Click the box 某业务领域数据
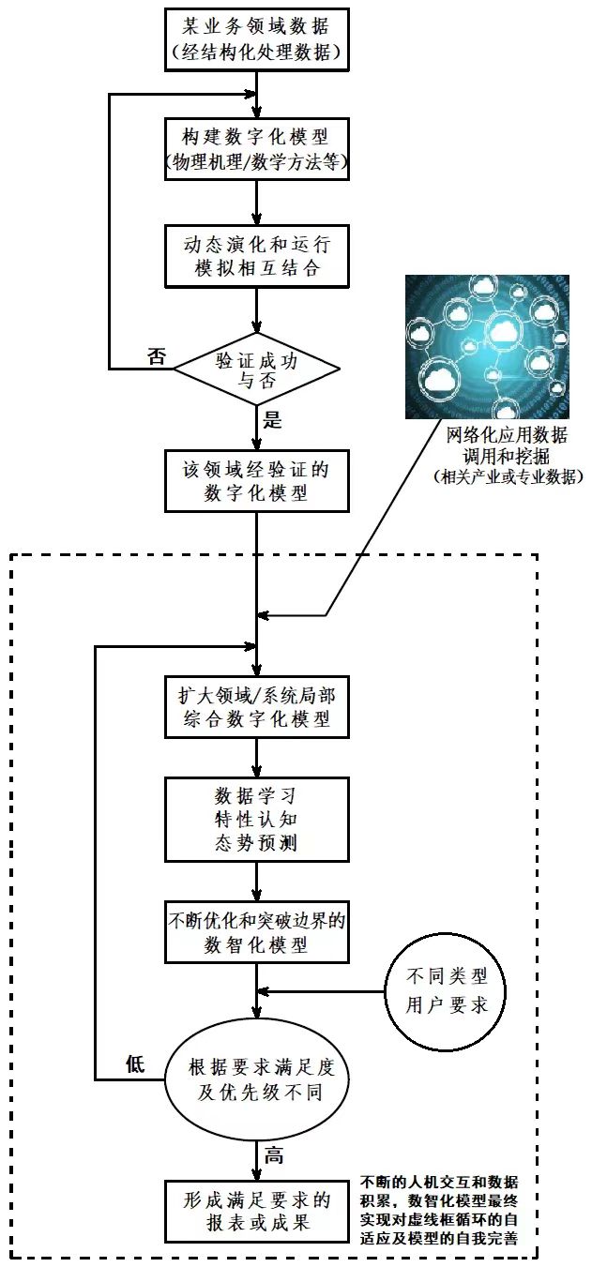point(257,39)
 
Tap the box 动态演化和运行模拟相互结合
point(257,256)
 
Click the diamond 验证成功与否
point(257,369)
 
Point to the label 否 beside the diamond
point(158,356)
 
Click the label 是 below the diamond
point(273,419)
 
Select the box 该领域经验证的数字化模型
point(257,478)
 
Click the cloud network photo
point(487,346)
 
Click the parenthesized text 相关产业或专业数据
point(508,477)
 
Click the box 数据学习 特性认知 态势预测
point(257,819)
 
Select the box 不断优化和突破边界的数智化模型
point(257,931)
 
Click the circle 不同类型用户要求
point(446,991)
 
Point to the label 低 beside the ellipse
point(135,1063)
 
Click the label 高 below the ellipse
point(273,1156)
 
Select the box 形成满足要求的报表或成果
point(257,1212)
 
